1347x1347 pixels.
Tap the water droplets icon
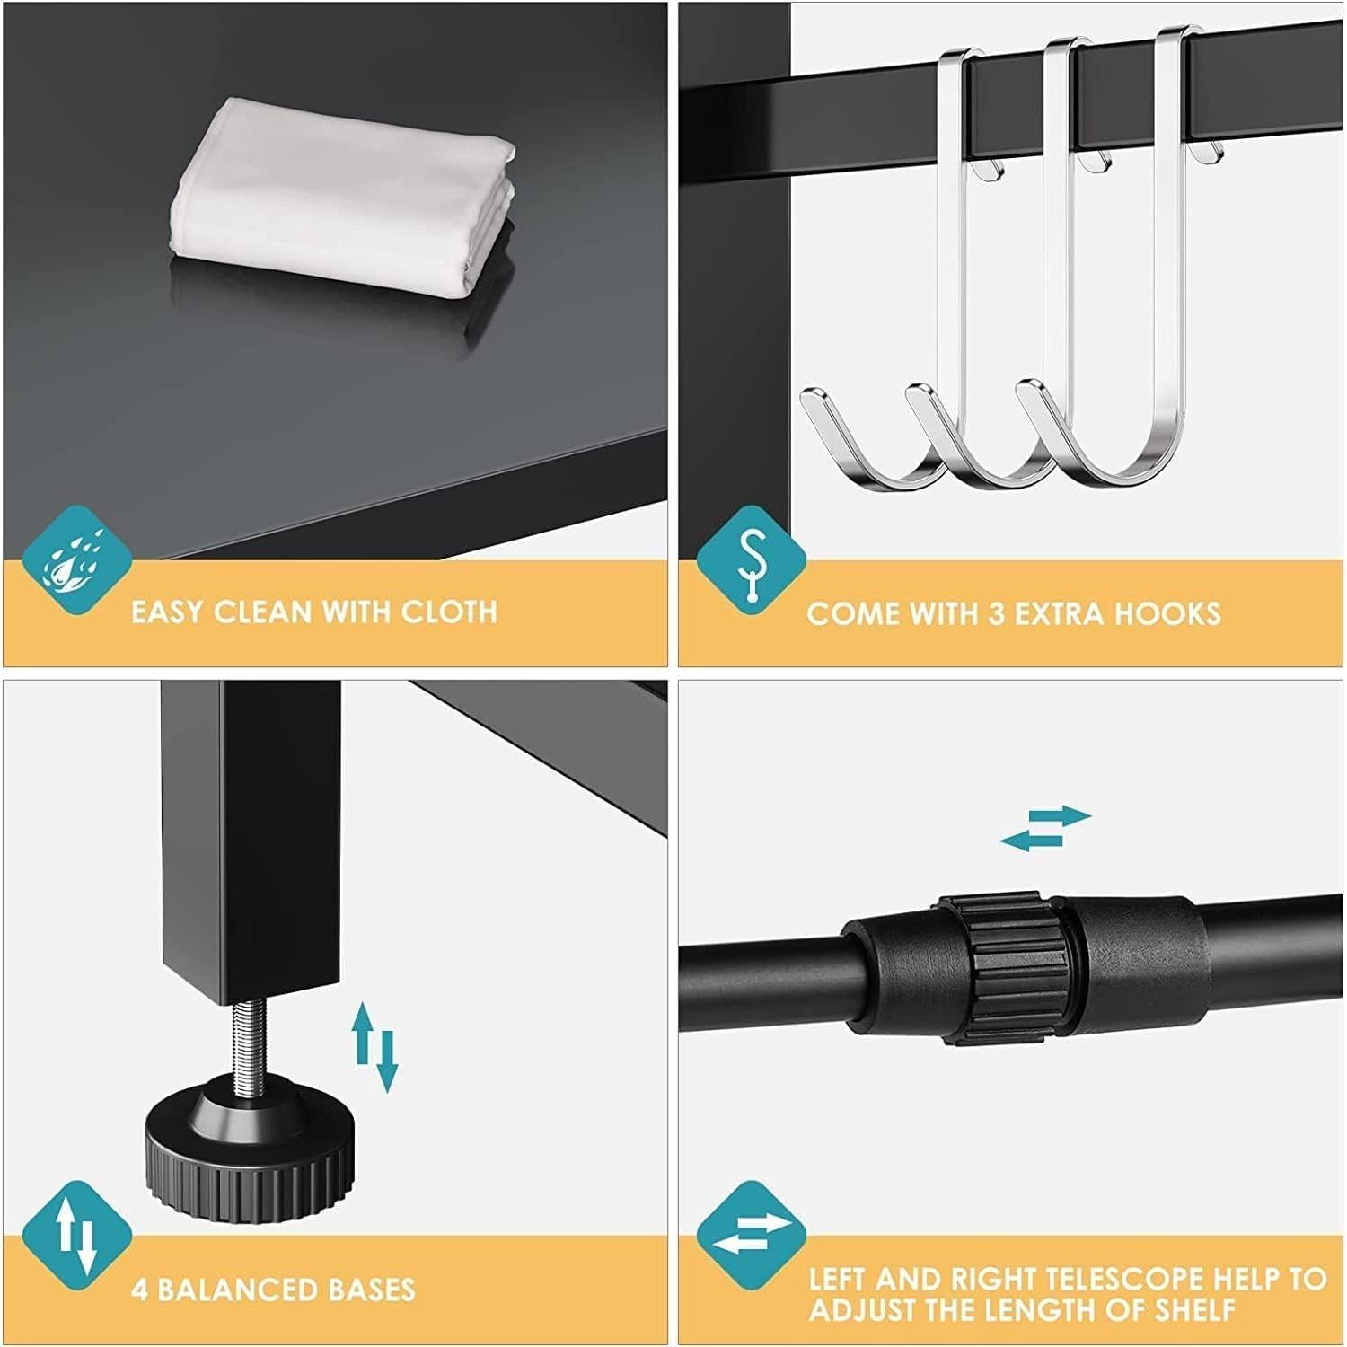tap(76, 559)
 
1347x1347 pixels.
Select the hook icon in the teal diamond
tap(752, 561)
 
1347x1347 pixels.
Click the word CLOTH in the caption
tap(448, 612)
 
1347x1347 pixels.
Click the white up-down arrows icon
tap(76, 1235)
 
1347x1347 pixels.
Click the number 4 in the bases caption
tap(139, 1291)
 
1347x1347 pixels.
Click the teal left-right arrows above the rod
tap(1046, 827)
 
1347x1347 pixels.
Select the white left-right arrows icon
tap(751, 1235)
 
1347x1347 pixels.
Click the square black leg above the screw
tap(252, 835)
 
